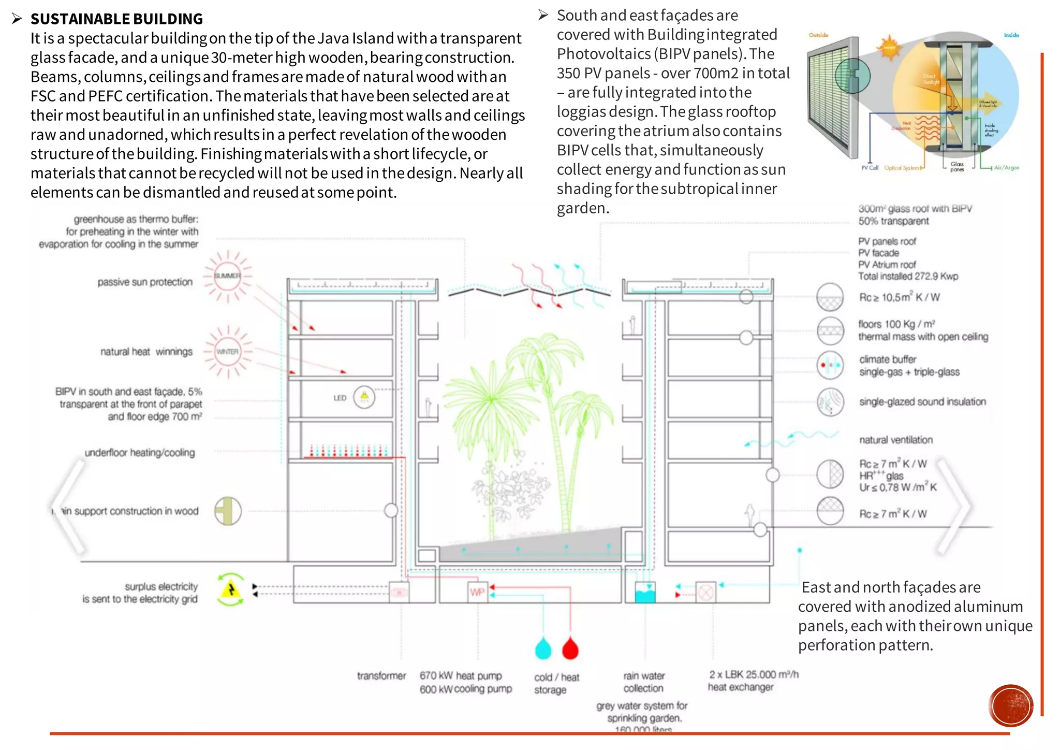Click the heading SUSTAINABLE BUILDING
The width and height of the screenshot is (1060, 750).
(116, 19)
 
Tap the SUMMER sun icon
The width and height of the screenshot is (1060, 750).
(227, 276)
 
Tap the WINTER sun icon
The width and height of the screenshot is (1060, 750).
(227, 352)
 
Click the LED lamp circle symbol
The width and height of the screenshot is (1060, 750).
(364, 397)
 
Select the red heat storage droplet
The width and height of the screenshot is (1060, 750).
(570, 648)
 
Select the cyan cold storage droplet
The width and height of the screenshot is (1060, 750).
(543, 648)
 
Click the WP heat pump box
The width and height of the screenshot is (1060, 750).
(477, 592)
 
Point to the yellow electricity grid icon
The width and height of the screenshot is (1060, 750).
(231, 589)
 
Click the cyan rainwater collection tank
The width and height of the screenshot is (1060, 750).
(645, 593)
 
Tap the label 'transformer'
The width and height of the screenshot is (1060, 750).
(381, 676)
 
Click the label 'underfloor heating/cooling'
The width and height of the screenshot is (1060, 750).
(140, 453)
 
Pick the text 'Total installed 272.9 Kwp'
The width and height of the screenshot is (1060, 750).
(908, 277)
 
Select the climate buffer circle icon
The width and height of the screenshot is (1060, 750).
(830, 365)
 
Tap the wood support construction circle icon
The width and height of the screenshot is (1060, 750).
(228, 511)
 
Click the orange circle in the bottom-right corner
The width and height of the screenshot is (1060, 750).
(1010, 705)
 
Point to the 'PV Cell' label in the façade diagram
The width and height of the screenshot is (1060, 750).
(870, 168)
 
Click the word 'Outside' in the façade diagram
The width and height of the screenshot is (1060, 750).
(818, 35)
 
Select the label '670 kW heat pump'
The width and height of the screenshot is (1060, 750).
(461, 676)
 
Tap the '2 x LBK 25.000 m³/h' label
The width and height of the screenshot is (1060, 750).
(754, 674)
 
